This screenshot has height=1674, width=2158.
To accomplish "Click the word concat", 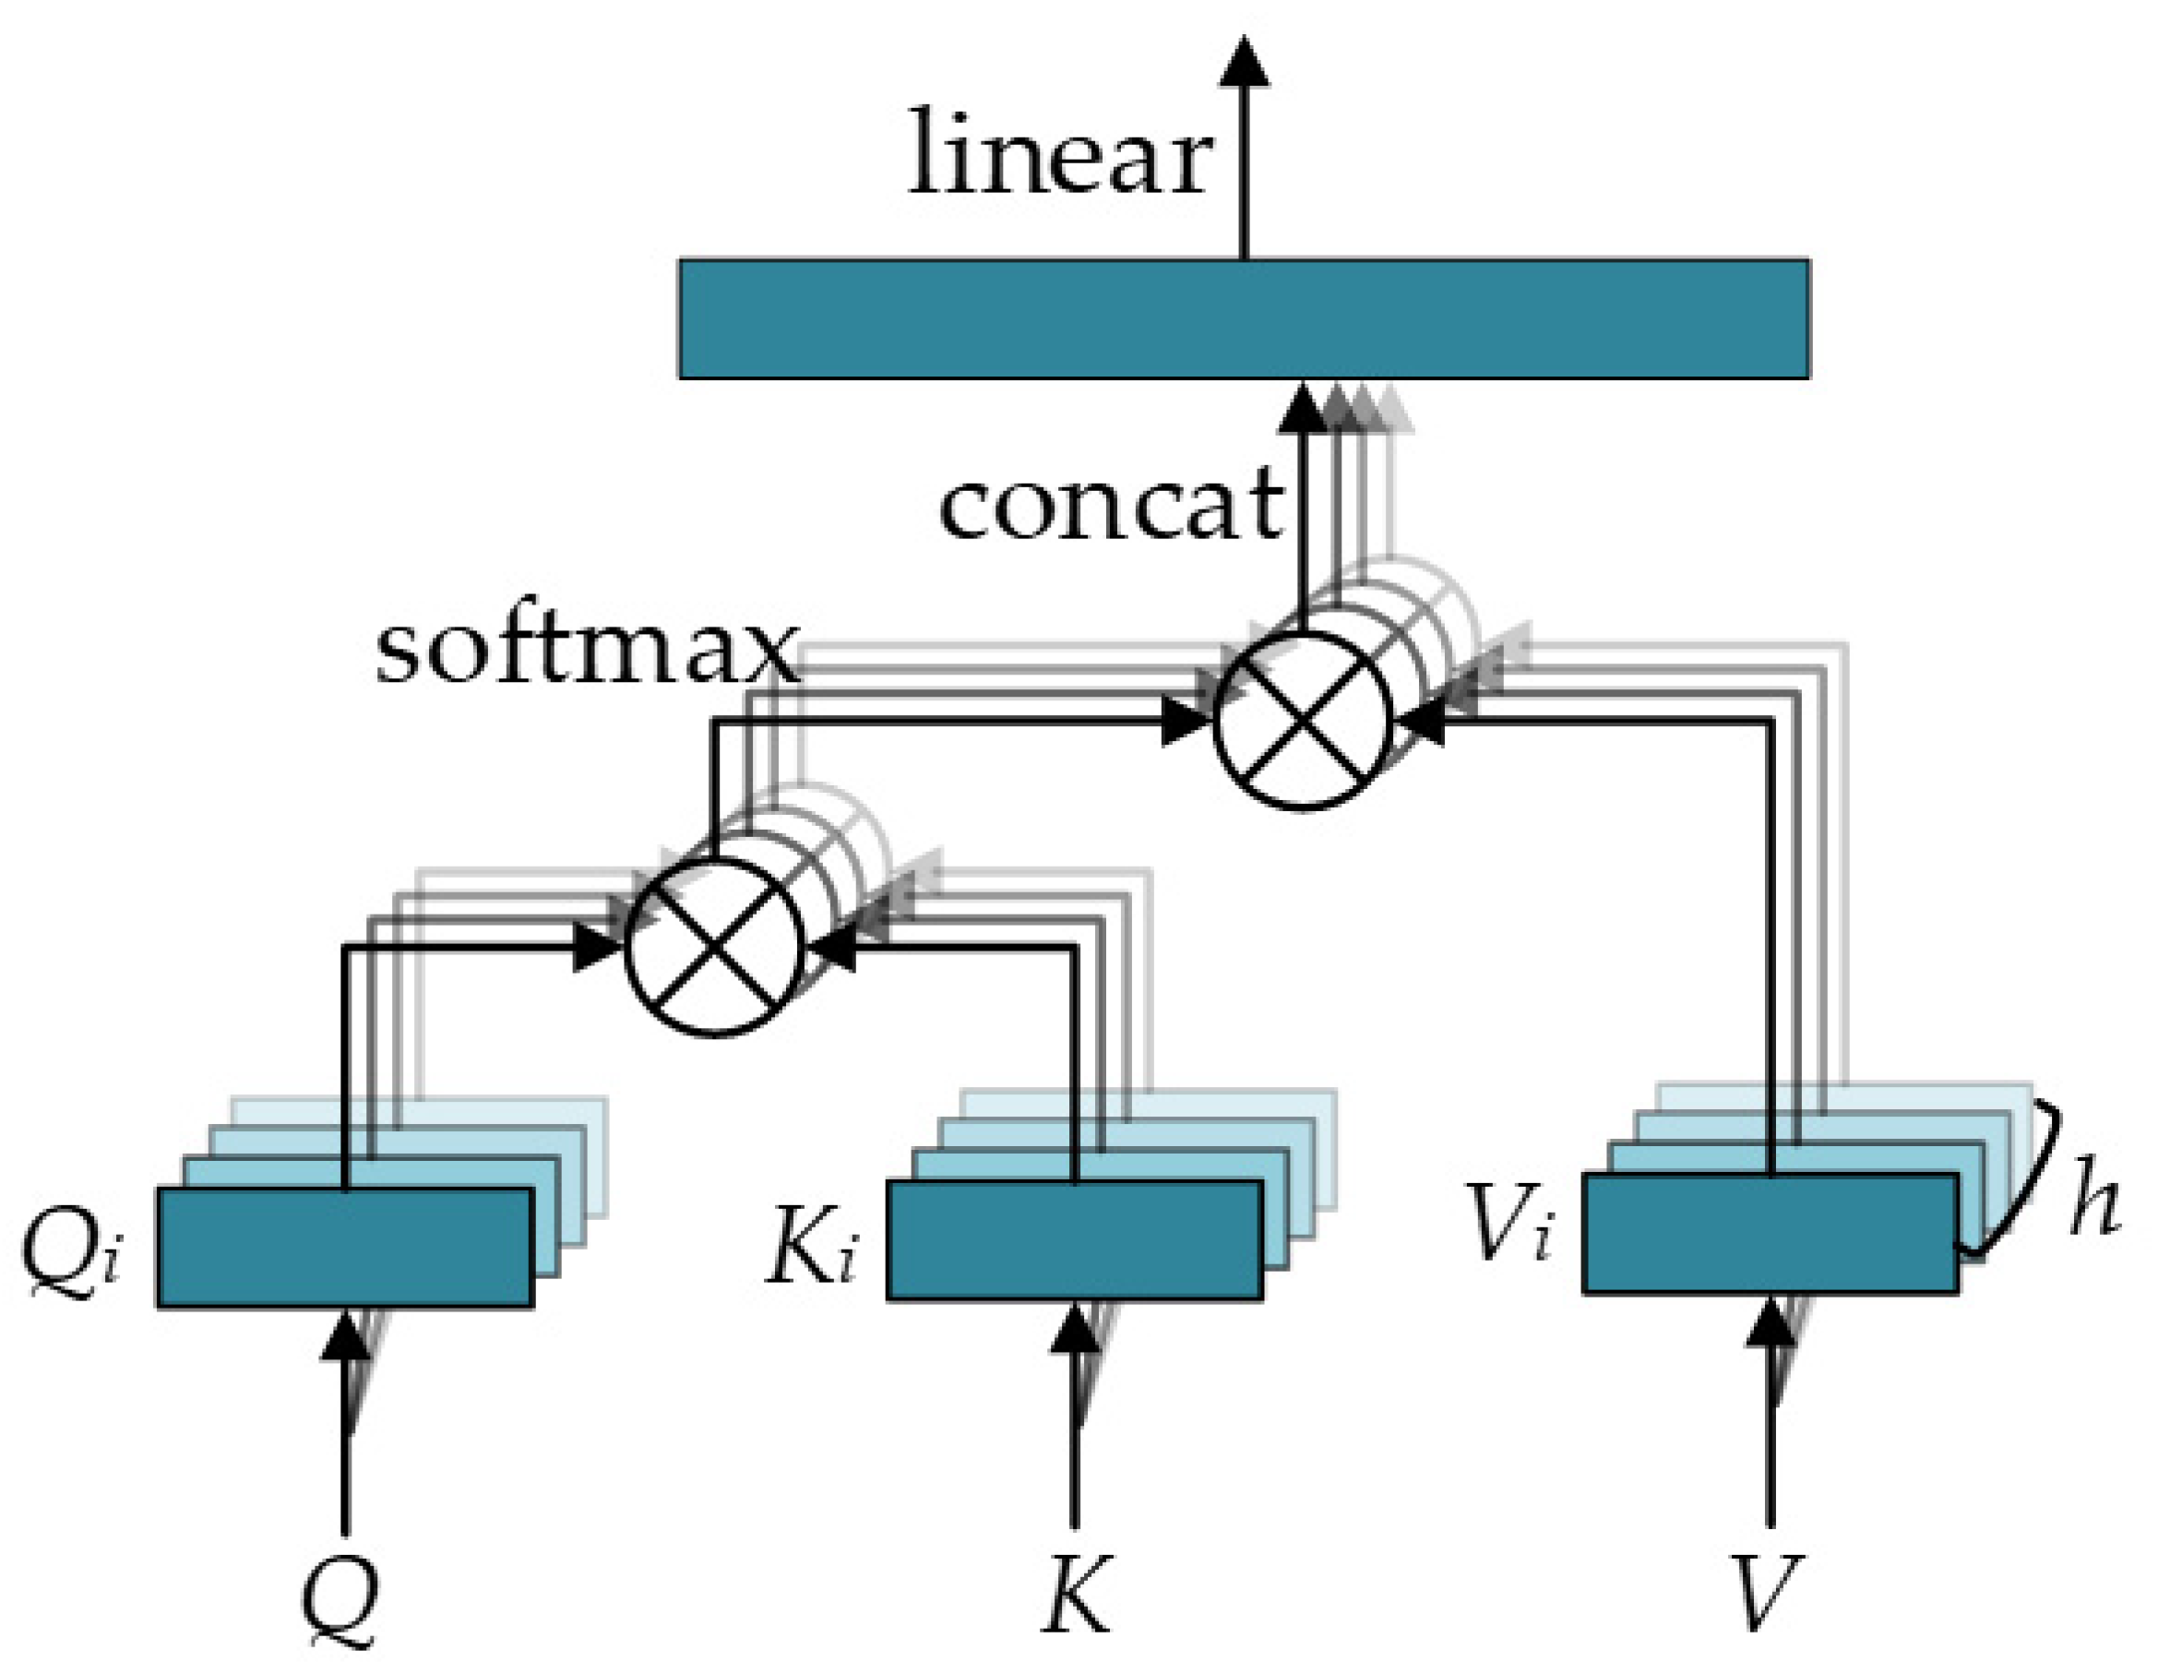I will point(1112,506).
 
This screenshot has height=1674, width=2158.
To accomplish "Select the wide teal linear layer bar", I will point(1243,318).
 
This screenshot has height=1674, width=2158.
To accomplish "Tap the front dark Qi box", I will point(346,1247).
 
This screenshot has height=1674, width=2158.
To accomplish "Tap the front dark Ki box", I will point(1074,1239).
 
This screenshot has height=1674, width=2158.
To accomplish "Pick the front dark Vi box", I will point(1770,1233).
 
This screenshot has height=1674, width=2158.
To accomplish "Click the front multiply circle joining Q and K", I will point(714,946).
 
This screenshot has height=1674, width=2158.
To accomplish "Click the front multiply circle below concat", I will point(1303,720).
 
